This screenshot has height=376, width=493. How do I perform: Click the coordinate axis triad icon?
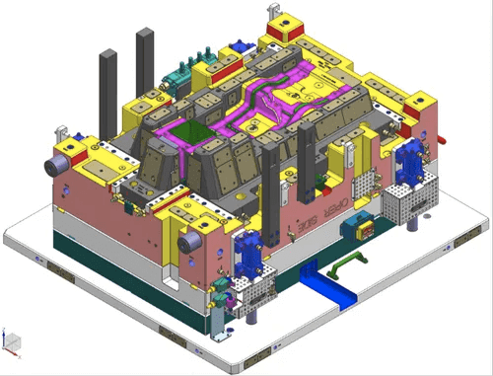tap(11, 341)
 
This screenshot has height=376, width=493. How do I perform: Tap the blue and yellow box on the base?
tap(356, 224)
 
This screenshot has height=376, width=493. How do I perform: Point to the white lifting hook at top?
tap(272, 11)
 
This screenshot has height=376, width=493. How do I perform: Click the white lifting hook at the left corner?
tap(62, 130)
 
